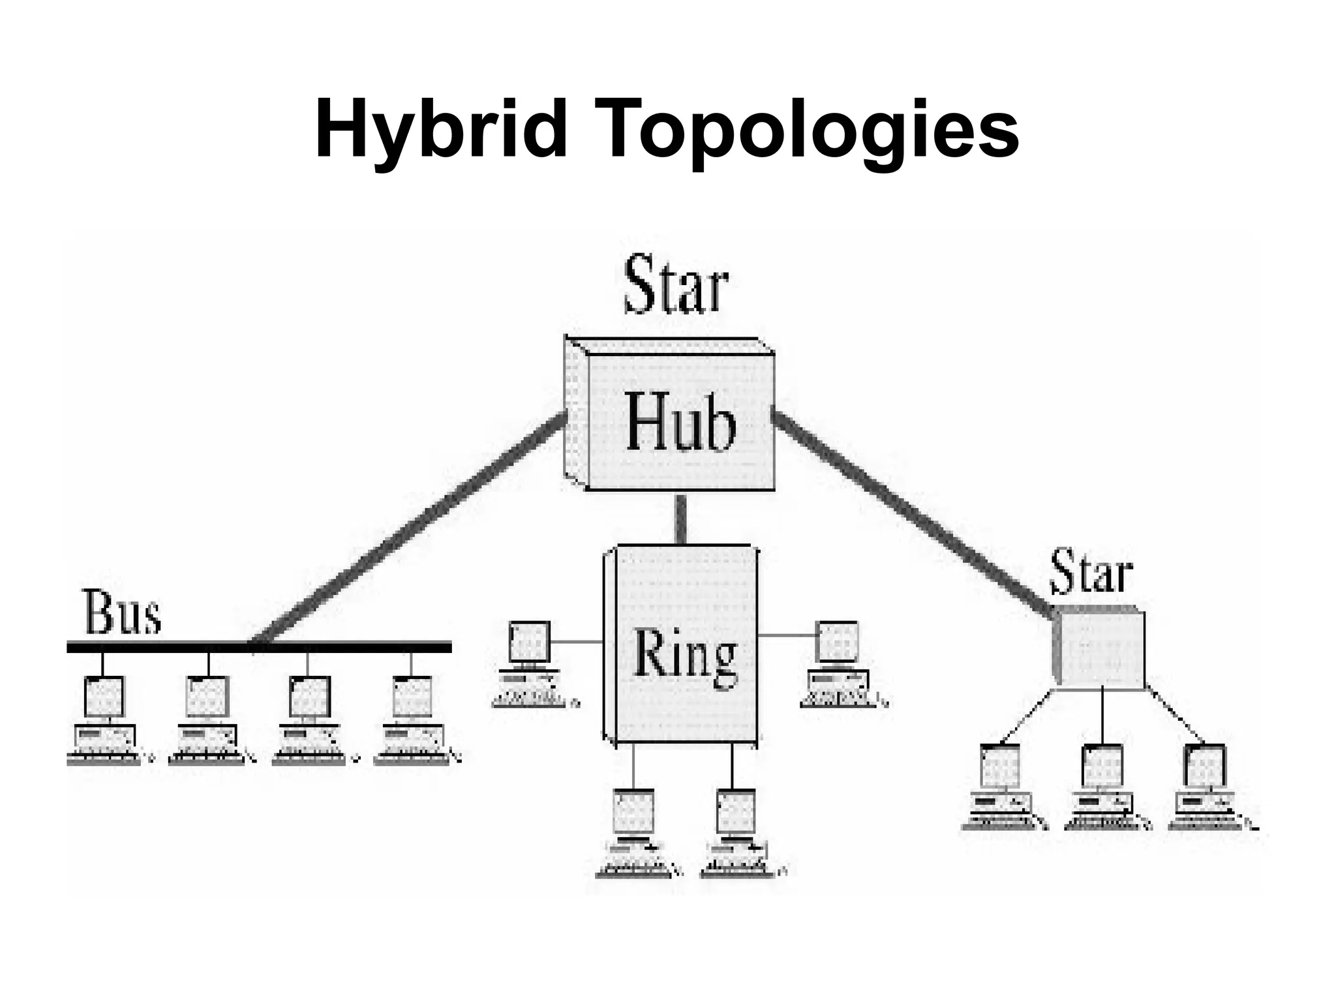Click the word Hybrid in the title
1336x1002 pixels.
(441, 130)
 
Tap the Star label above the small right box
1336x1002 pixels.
(1091, 573)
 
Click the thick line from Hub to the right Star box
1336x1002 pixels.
(913, 515)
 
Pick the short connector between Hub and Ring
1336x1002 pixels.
(680, 519)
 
